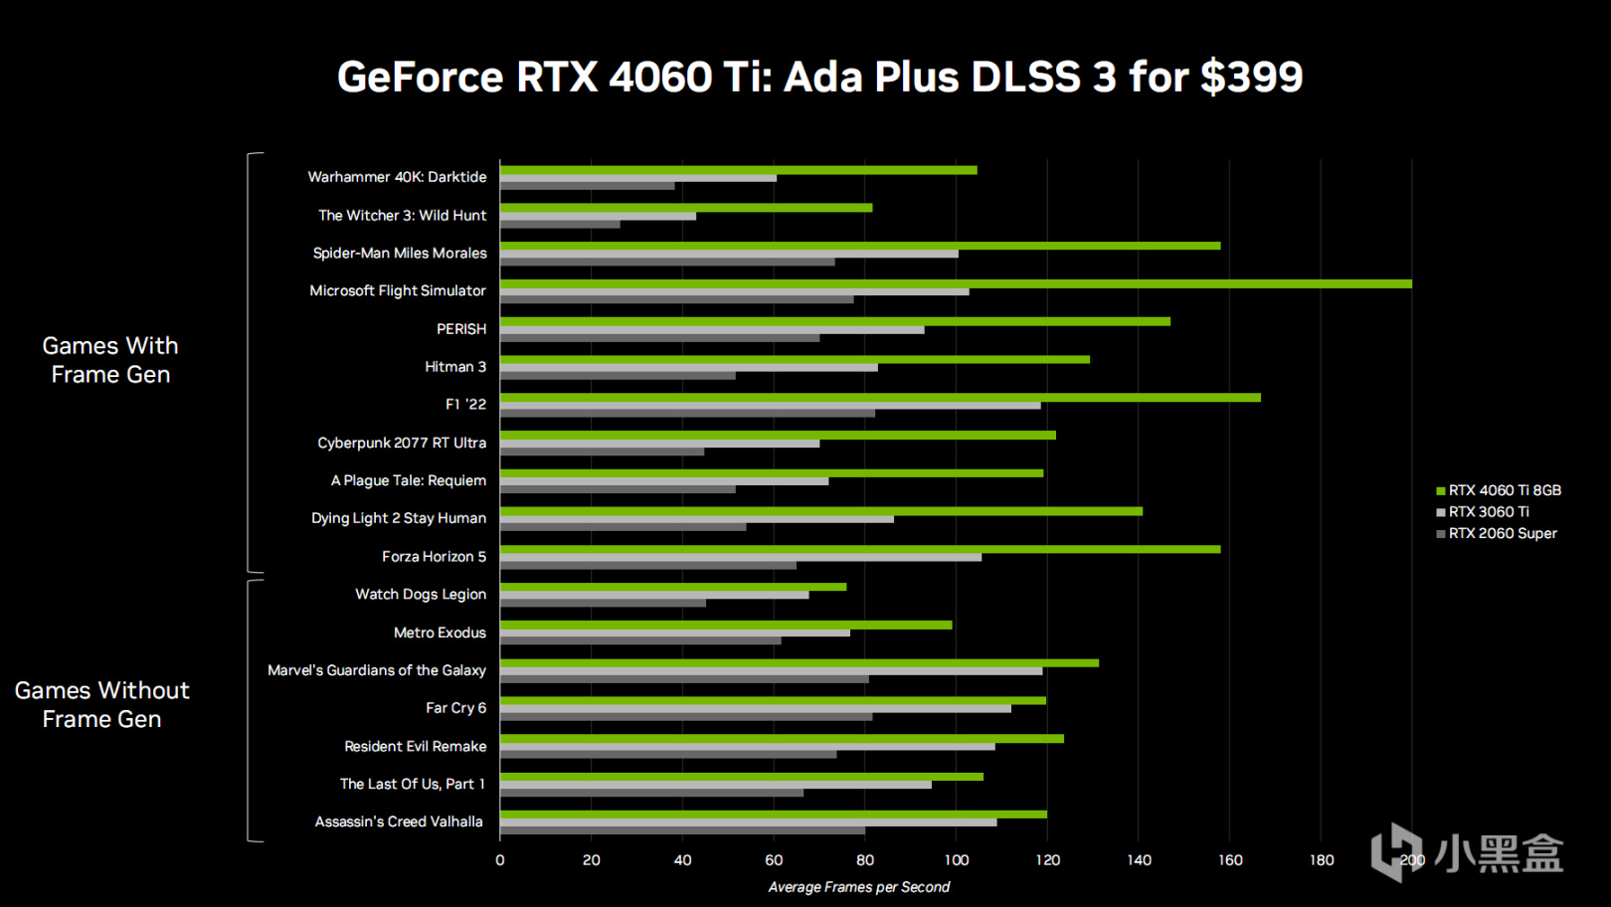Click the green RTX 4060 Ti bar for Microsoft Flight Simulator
tap(955, 283)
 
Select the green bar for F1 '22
tap(880, 398)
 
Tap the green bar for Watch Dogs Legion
tap(673, 587)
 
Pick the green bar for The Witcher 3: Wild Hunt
tap(686, 208)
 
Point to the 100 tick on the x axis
tap(956, 860)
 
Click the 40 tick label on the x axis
tap(682, 860)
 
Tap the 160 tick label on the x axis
tap(1230, 860)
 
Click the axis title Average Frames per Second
tap(858, 887)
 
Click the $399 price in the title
tap(1251, 78)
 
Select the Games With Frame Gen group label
tap(110, 360)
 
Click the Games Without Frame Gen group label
tap(101, 704)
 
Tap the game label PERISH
tap(461, 329)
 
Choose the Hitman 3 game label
tap(455, 367)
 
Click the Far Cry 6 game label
tap(455, 708)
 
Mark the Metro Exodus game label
tap(440, 633)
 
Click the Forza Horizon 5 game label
tap(434, 557)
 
